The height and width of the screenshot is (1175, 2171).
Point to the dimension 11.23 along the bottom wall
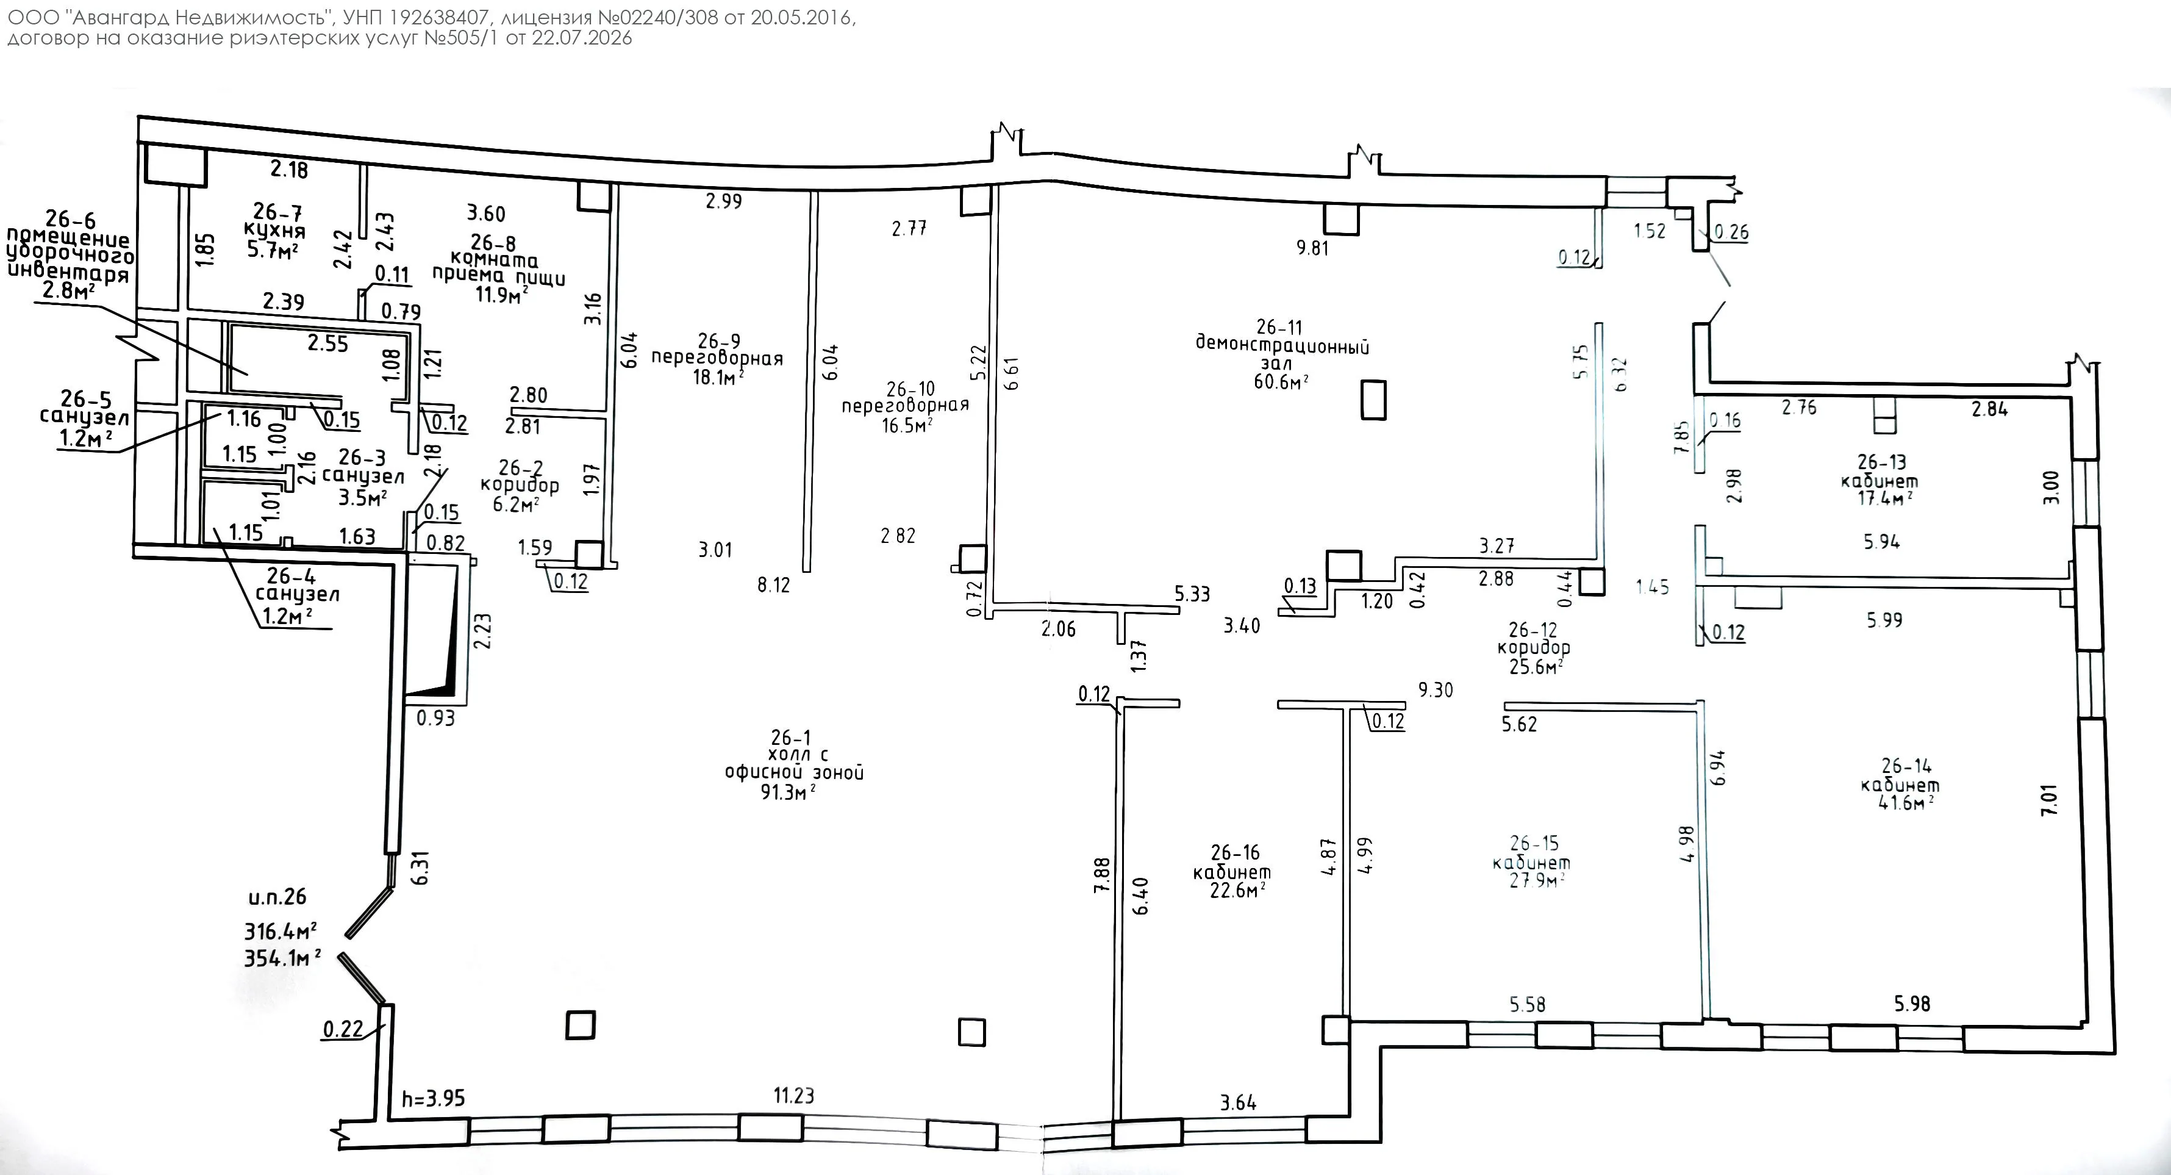pos(794,1095)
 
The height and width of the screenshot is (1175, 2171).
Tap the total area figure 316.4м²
pos(281,930)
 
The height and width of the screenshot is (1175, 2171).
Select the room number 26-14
pos(1906,766)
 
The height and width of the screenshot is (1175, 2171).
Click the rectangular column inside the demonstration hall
pos(1374,400)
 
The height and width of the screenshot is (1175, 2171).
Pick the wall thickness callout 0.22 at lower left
pos(343,1029)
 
